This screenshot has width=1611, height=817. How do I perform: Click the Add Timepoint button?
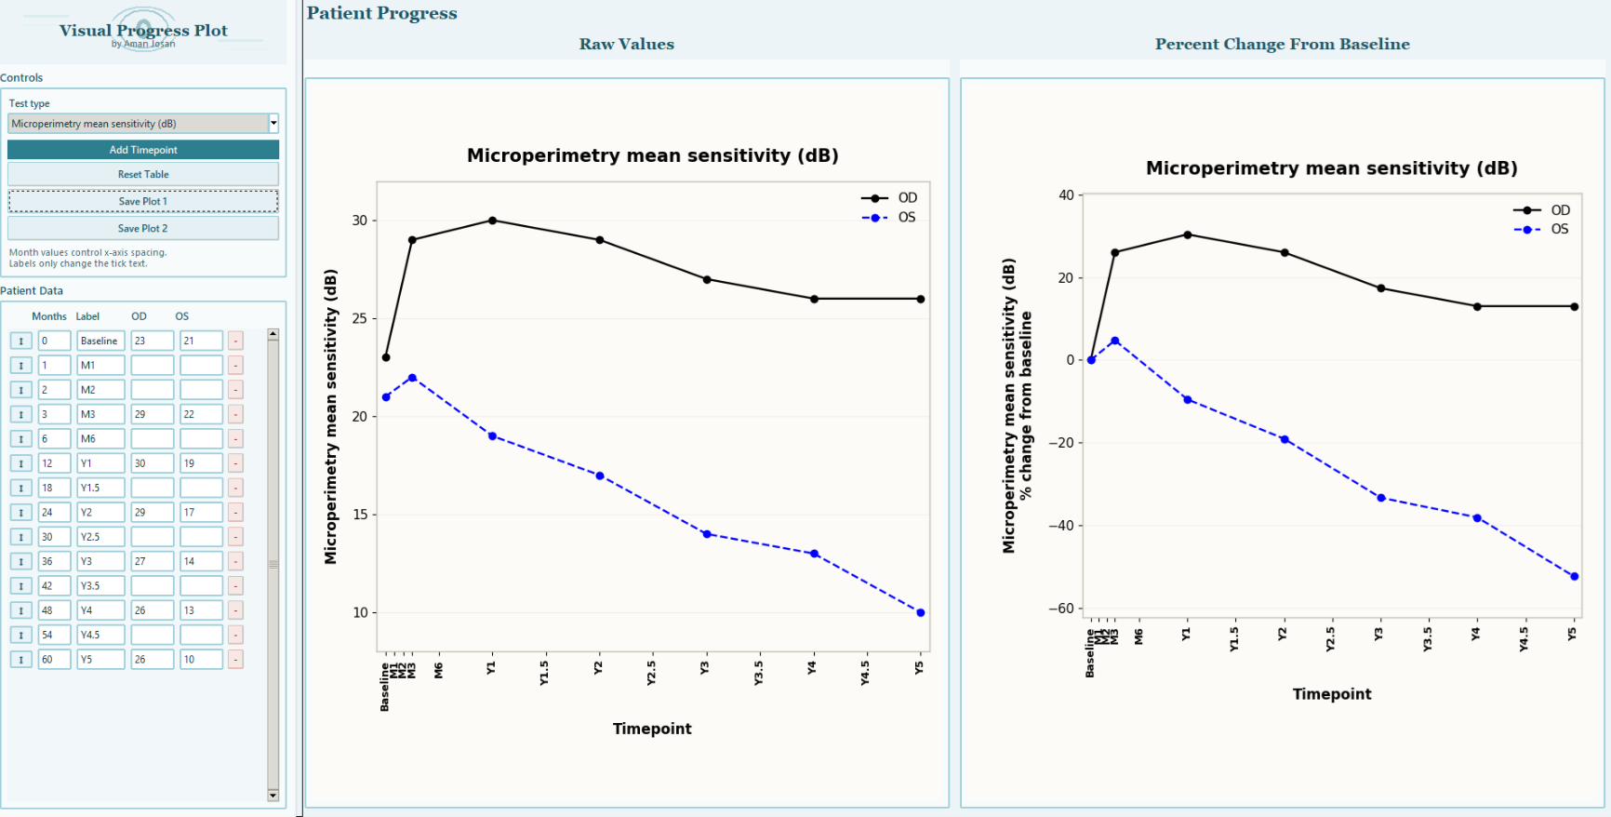(143, 150)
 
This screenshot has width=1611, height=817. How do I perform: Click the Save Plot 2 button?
(143, 228)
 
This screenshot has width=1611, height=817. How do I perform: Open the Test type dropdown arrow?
(273, 123)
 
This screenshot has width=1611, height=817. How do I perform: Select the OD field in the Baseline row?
(152, 341)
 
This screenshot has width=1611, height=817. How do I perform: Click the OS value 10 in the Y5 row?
(200, 659)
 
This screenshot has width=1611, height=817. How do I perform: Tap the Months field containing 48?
(54, 610)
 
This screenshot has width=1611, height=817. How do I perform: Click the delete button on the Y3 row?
(235, 561)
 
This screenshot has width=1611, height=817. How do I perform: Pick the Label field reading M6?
(100, 438)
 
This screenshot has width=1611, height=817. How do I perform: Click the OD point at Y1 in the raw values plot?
(492, 221)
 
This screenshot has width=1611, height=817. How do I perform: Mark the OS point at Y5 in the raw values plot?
(921, 612)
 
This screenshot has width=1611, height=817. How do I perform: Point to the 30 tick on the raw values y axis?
(359, 221)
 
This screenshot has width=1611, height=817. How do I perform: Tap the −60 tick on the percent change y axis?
(1061, 609)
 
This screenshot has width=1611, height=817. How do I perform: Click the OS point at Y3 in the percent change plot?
(1381, 498)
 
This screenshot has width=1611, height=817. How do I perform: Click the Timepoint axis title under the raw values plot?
(652, 729)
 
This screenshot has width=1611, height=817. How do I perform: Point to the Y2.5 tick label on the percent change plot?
(1331, 639)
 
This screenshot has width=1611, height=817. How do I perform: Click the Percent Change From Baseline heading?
(1282, 44)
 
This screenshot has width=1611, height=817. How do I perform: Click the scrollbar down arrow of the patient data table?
(273, 796)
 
